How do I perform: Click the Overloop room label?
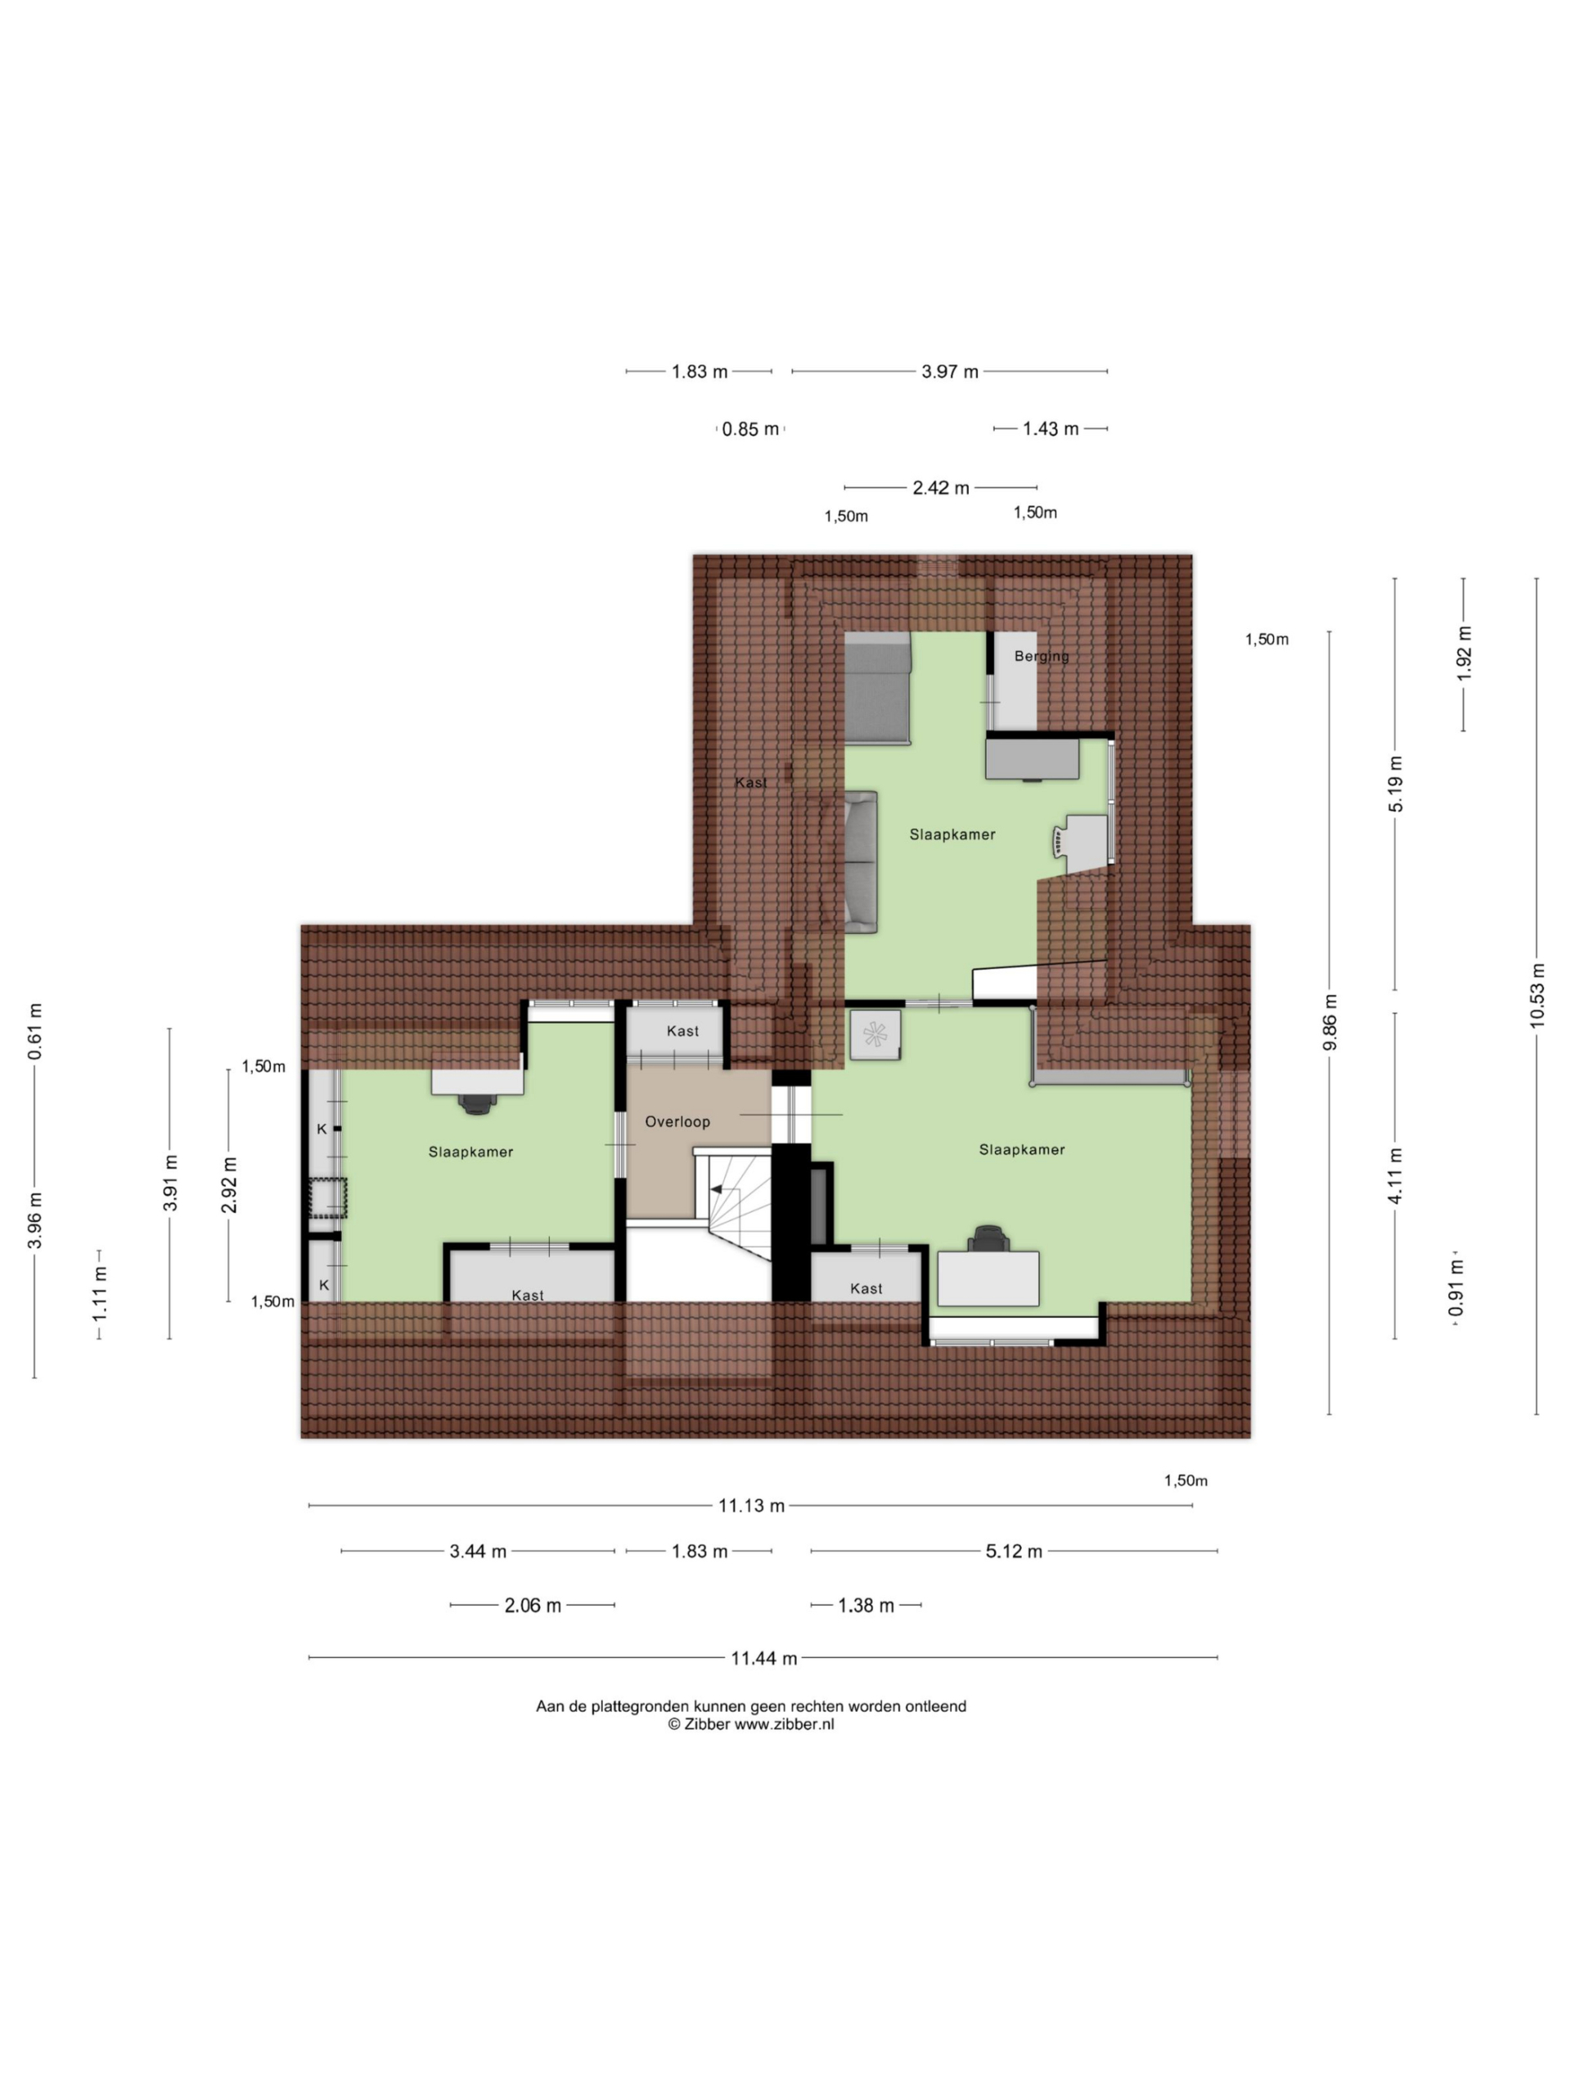[x=677, y=1121]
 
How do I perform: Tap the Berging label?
[x=1041, y=656]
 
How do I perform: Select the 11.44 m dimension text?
[x=763, y=1657]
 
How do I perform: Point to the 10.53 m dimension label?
[x=1536, y=995]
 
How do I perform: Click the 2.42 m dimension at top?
[x=940, y=488]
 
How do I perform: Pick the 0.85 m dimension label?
[x=750, y=429]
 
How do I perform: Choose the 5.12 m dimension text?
[x=1013, y=1552]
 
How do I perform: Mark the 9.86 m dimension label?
[x=1330, y=1022]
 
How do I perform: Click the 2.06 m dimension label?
[x=532, y=1606]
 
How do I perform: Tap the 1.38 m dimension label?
[x=866, y=1606]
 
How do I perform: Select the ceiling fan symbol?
[x=873, y=1033]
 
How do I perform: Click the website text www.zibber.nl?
[x=784, y=1723]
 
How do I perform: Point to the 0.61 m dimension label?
[x=35, y=1031]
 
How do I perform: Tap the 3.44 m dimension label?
[x=477, y=1552]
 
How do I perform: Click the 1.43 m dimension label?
[x=1050, y=429]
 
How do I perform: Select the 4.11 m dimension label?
[x=1395, y=1175]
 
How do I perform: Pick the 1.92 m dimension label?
[x=1464, y=654]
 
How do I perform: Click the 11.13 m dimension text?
[x=751, y=1506]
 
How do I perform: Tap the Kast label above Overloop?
[x=682, y=1031]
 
